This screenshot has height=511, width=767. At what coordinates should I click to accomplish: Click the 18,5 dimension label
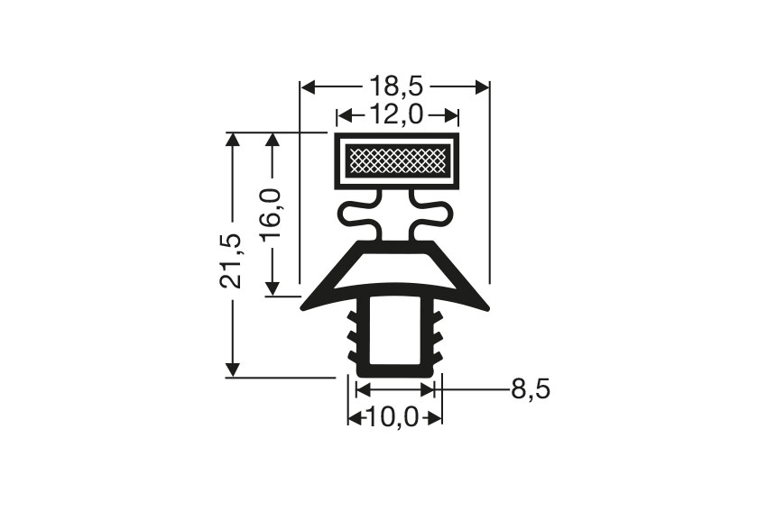pos(394,87)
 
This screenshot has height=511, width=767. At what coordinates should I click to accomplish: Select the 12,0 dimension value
pos(397,115)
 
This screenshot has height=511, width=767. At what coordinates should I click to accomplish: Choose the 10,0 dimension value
pos(395,418)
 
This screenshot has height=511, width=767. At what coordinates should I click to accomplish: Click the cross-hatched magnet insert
pos(397,162)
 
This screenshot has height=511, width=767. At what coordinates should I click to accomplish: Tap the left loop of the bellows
pos(354,215)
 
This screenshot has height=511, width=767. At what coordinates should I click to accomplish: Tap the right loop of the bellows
pos(439,215)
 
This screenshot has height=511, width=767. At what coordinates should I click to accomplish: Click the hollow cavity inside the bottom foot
pos(395,333)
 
